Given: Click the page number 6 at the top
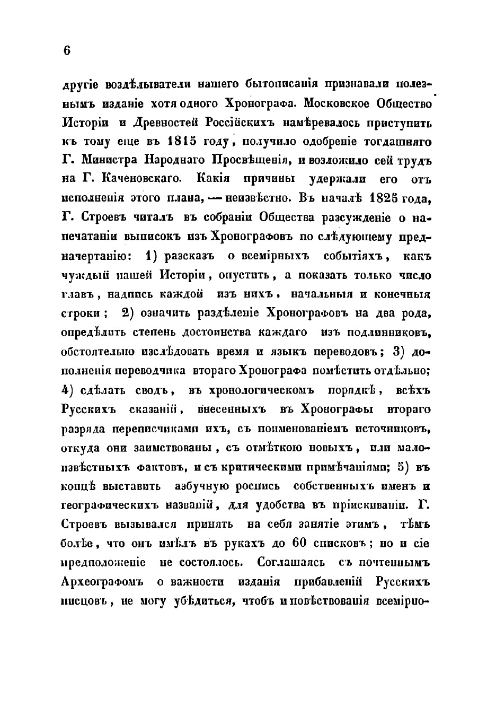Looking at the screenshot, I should [66, 50].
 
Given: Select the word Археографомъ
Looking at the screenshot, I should [103, 581].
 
